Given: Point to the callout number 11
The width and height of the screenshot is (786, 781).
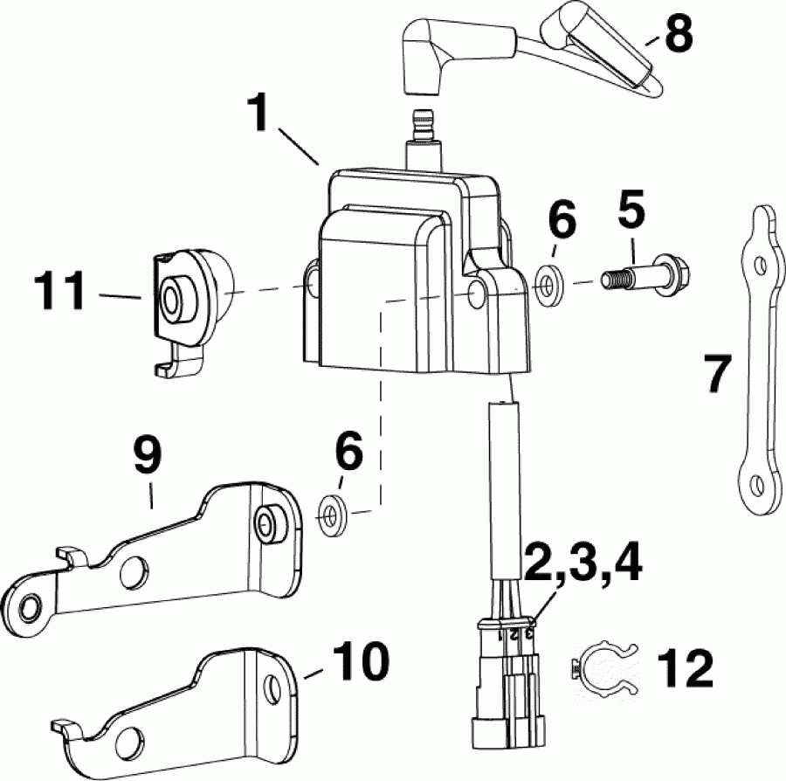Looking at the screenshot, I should (59, 291).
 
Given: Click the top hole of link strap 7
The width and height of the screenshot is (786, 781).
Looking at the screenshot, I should (762, 262).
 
